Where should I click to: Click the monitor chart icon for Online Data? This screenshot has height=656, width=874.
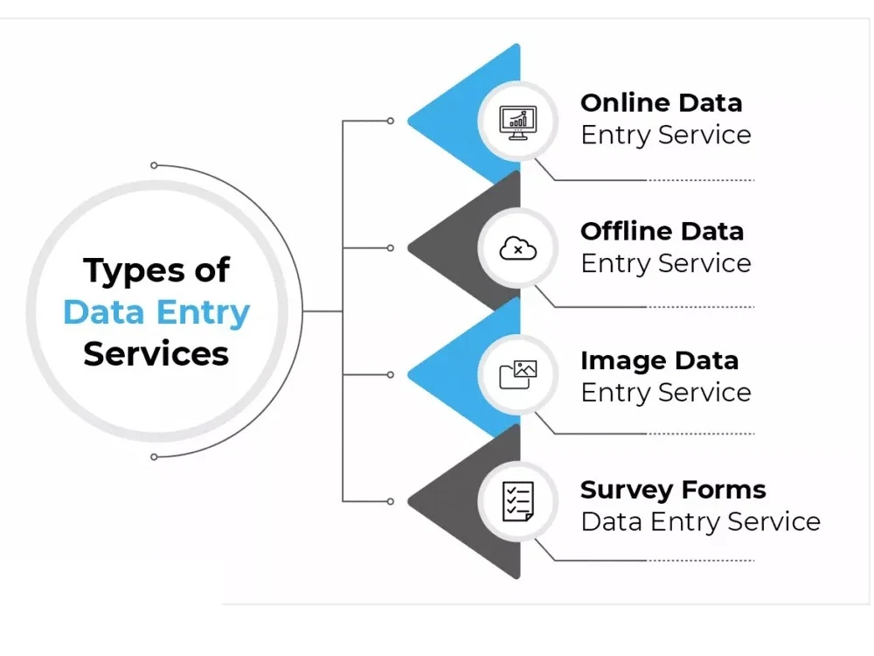click(x=517, y=121)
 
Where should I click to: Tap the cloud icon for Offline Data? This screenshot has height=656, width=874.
click(x=517, y=249)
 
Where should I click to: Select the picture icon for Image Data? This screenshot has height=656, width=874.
click(x=517, y=374)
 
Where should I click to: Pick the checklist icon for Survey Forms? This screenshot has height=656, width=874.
click(x=517, y=502)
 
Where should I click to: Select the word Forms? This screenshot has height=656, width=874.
click(x=725, y=490)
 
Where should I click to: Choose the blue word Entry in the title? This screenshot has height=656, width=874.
click(x=204, y=313)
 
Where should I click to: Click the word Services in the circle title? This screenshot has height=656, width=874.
click(x=156, y=354)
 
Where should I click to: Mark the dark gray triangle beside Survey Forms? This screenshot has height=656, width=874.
click(x=454, y=502)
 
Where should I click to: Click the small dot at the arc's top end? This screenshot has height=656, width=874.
click(x=154, y=164)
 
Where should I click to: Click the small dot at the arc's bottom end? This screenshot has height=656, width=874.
click(x=154, y=457)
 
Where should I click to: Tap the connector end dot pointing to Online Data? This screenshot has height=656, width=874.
click(x=391, y=121)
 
